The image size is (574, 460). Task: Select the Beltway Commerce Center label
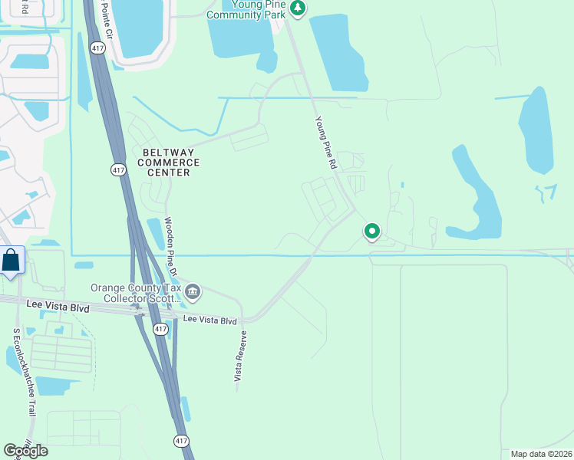[169, 162]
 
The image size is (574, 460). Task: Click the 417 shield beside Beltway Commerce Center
[118, 170]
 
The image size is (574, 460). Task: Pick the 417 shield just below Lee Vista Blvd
[159, 328]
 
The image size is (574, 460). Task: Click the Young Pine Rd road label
[326, 143]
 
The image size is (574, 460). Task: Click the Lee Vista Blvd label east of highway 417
[208, 320]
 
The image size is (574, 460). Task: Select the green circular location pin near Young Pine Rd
[372, 231]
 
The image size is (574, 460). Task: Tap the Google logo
[25, 450]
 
